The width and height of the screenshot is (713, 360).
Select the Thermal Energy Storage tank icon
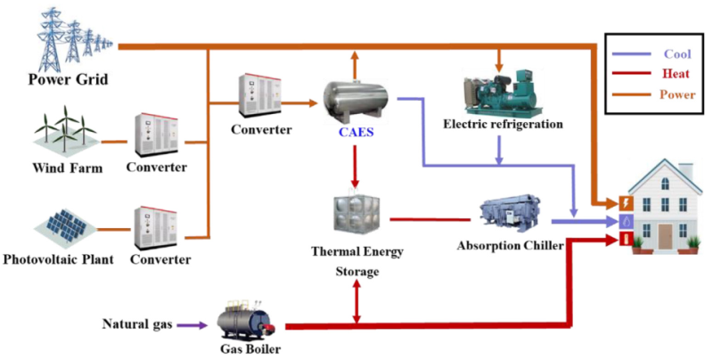pyautogui.click(x=355, y=215)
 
